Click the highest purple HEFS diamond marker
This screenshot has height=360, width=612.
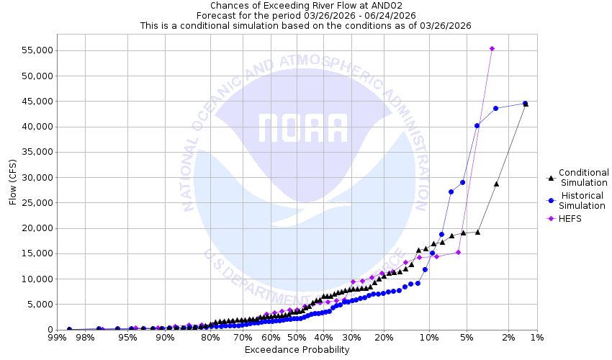pos(492,49)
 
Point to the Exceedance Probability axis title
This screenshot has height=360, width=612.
pos(297,350)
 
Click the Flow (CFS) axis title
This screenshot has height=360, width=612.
pos(12,182)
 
